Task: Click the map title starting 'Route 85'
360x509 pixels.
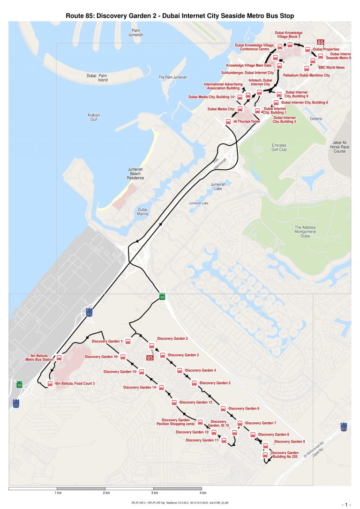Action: coord(180,16)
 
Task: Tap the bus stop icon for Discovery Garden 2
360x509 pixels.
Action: coord(152,346)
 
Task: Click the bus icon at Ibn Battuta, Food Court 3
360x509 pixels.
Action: coord(50,384)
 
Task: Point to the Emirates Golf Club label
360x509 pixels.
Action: coord(279,148)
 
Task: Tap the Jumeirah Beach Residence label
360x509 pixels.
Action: coord(135,173)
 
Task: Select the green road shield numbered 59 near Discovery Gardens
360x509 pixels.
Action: coord(162,297)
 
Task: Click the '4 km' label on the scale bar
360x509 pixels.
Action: coord(203,493)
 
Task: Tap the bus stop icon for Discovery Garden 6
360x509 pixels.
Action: coord(223,409)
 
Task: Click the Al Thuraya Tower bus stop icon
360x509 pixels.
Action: coord(228,121)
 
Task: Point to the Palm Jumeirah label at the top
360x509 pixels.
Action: coord(137,32)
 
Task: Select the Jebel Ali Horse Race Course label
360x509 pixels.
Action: coord(340,147)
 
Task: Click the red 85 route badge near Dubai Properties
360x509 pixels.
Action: coord(322,42)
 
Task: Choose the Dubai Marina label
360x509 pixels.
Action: coord(143,211)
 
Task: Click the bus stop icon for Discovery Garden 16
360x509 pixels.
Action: coord(123,357)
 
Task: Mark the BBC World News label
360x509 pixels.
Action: coord(331,67)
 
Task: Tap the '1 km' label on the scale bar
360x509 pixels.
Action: coord(59,493)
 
